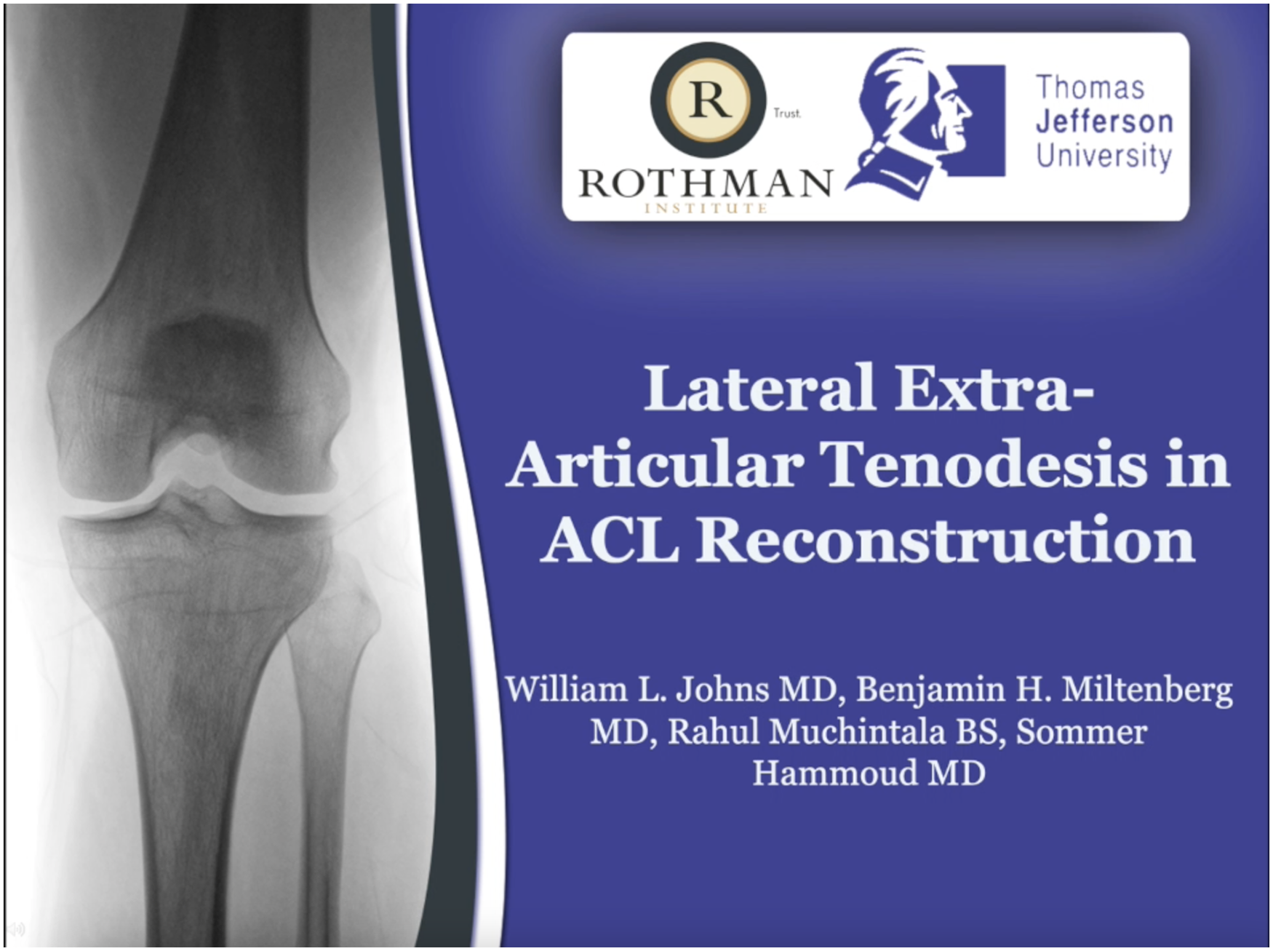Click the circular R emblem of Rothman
point(707,100)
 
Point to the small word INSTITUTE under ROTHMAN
point(706,209)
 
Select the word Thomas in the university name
point(1090,88)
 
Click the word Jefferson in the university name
point(1104,122)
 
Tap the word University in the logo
point(1104,156)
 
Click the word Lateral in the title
point(759,388)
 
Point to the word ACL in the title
point(610,539)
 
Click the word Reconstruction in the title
point(946,539)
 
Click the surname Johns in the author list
point(722,689)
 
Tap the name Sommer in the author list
point(1081,732)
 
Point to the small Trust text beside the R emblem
point(787,113)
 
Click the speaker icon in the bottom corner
point(17,929)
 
